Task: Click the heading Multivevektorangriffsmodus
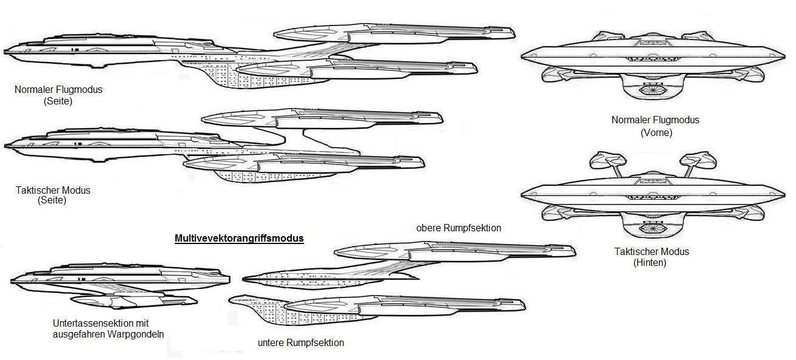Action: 239,239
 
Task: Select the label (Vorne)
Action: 656,133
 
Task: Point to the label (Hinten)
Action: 650,263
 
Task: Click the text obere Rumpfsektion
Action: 459,228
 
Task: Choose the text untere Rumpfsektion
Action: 301,343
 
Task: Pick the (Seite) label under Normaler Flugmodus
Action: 58,101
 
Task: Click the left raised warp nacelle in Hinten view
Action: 608,160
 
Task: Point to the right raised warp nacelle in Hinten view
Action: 698,160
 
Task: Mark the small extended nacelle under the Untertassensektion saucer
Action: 134,302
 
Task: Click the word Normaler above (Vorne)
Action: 633,120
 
